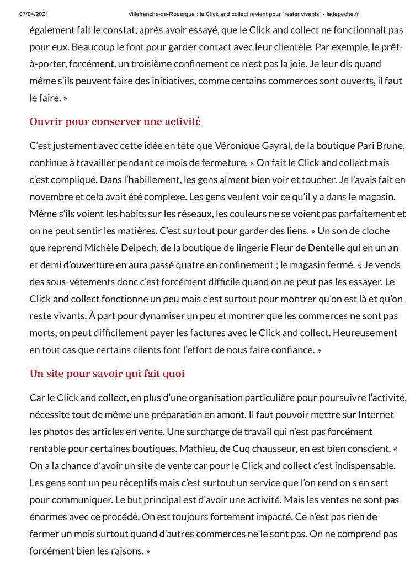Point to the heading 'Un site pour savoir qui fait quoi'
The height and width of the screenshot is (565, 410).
107,374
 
